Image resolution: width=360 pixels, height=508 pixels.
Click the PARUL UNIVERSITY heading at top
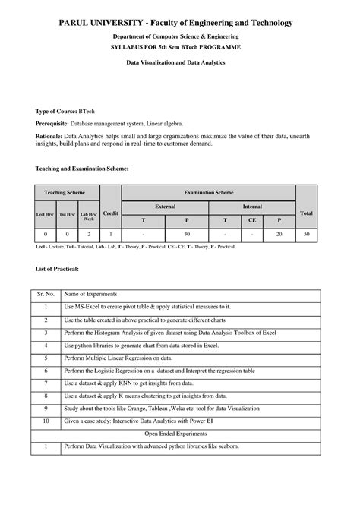tap(179, 24)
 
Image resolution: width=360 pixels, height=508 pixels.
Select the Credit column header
tap(111, 213)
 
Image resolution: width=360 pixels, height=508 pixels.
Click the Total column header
tap(306, 213)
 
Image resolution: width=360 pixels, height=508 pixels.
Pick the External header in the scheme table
tap(165, 206)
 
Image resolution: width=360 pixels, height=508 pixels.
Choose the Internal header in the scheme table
tap(252, 206)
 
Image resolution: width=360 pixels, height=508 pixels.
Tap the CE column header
tap(252, 219)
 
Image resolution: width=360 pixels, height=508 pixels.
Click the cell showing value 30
tap(187, 235)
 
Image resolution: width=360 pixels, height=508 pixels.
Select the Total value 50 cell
tap(306, 235)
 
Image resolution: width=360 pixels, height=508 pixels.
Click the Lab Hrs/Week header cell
tap(89, 215)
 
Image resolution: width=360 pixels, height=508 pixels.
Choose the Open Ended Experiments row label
tap(180, 433)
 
